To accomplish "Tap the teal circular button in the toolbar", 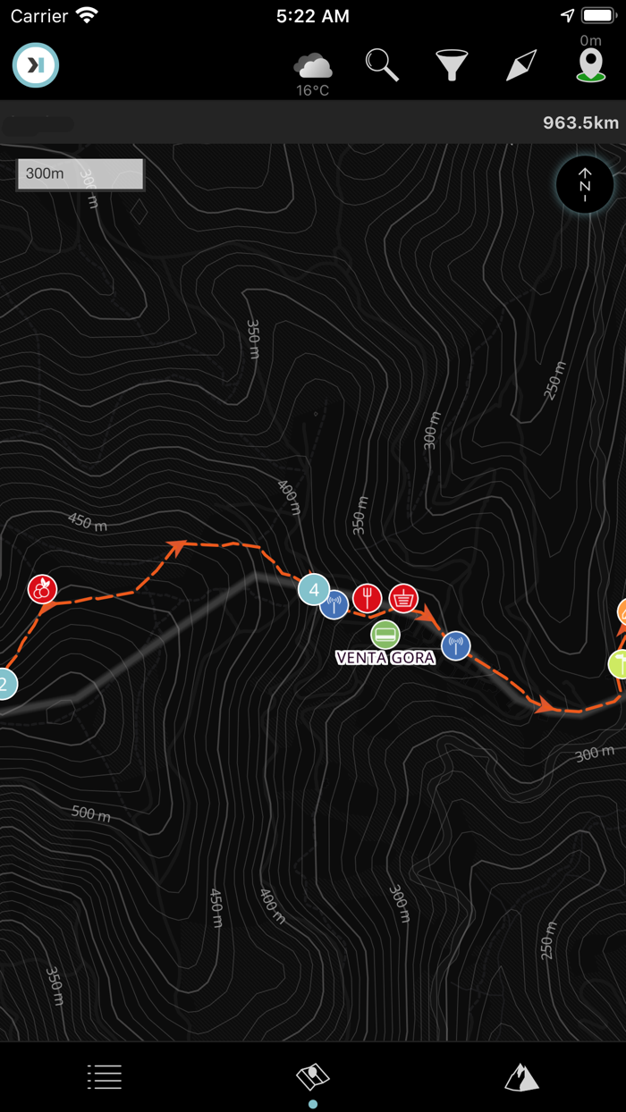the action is [x=36, y=65].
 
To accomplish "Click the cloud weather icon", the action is [x=313, y=65].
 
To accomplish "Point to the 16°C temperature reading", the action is [x=313, y=90].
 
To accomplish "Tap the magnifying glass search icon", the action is [x=382, y=65].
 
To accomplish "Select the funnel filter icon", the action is [x=453, y=66].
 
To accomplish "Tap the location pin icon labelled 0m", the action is [x=590, y=65].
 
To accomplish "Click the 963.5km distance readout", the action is [x=580, y=122].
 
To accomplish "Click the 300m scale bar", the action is [x=80, y=173].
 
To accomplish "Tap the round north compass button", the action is [x=585, y=186].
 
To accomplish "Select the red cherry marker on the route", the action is [x=42, y=589].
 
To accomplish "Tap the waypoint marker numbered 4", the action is [x=313, y=589].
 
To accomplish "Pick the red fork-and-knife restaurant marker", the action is [x=367, y=598].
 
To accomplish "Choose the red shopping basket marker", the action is [x=404, y=598].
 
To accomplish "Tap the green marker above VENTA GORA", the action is [x=385, y=635].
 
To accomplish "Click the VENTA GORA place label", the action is [x=385, y=658].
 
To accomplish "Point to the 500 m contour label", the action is [x=91, y=813].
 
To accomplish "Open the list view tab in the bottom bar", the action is [x=105, y=1076].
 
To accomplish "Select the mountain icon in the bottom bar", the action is [x=521, y=1077].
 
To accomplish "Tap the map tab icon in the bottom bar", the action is [x=313, y=1077].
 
